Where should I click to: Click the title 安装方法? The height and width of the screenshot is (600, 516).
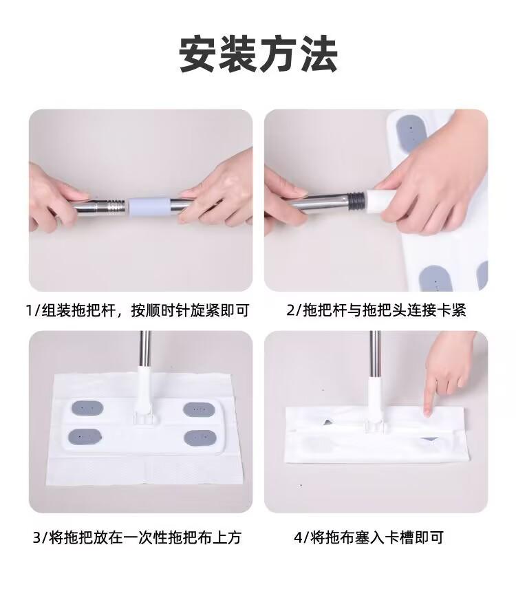pos(258,54)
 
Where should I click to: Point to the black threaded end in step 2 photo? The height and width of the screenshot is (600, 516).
pos(356,201)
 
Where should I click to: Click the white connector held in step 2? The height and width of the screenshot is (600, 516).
pos(380,200)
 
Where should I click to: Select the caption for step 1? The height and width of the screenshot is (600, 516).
pos(138,310)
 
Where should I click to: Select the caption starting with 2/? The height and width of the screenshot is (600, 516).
pos(376,310)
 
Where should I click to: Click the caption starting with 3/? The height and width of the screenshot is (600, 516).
pos(137,537)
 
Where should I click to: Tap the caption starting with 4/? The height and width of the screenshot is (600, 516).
pos(369,537)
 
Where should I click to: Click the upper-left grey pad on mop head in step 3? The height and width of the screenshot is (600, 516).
pos(87,408)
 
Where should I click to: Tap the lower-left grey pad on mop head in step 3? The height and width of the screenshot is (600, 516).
pos(85,437)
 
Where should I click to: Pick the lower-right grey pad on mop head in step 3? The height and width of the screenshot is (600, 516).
pos(200,438)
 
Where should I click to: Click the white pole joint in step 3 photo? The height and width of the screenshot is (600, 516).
pos(144,394)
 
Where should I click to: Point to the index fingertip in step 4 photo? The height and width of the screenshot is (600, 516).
pos(428,413)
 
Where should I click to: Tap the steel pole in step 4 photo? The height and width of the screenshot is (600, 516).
pos(374,354)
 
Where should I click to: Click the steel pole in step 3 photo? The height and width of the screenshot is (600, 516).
pos(145,349)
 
